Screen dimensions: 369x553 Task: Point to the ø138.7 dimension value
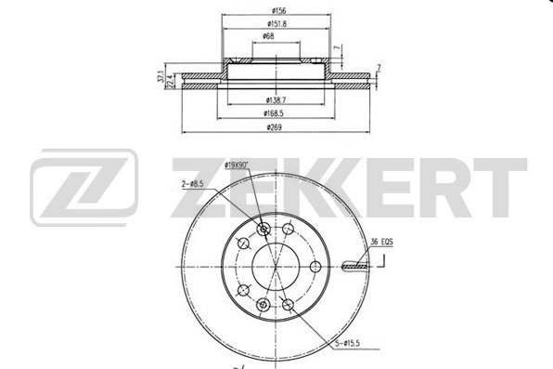pyautogui.click(x=275, y=98)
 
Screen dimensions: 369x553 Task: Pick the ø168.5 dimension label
pyautogui.click(x=276, y=112)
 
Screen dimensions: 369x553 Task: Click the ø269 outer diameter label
pyautogui.click(x=275, y=127)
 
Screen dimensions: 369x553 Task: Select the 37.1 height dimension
pyautogui.click(x=160, y=78)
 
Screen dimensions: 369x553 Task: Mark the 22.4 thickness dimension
pyautogui.click(x=171, y=83)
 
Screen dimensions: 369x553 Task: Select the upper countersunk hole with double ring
pyautogui.click(x=263, y=230)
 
